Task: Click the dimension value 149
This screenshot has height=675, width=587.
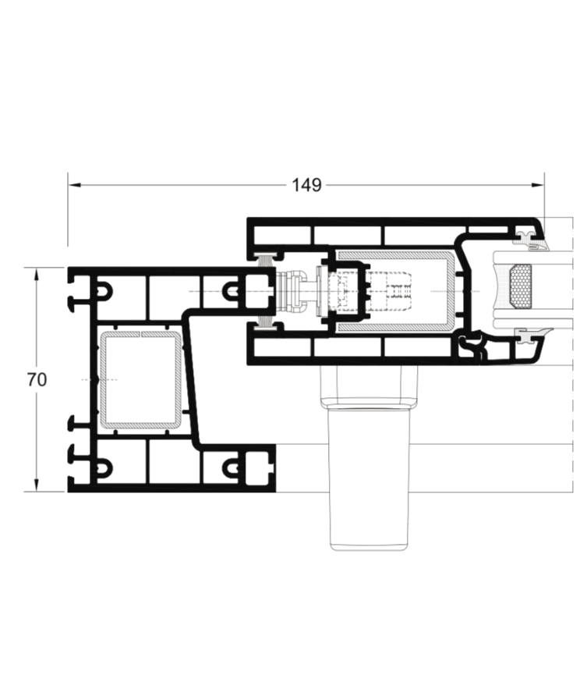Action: point(306,185)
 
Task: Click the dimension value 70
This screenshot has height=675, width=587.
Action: point(37,380)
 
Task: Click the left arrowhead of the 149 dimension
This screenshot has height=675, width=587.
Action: point(74,185)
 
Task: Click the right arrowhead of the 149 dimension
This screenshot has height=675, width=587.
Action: point(538,185)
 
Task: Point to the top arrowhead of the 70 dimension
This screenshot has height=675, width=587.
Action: point(36,274)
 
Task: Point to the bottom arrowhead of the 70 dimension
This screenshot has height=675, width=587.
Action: point(36,485)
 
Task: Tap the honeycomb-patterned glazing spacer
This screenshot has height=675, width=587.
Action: point(520,286)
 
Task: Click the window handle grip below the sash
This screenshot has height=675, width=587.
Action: point(368,478)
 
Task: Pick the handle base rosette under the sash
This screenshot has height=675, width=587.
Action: point(369,386)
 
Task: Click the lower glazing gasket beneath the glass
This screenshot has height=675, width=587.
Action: point(532,335)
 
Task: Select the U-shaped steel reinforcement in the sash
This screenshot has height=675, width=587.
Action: point(451,291)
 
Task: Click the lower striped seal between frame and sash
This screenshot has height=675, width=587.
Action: point(266,322)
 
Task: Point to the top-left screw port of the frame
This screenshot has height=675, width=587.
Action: point(103,291)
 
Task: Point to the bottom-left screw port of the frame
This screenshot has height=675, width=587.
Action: point(103,467)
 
